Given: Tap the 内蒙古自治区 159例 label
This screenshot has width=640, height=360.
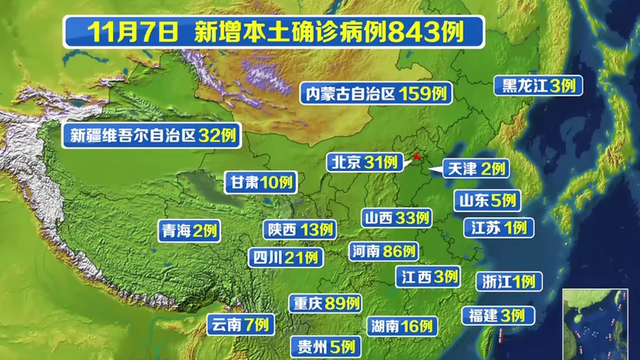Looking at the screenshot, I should (x=377, y=94).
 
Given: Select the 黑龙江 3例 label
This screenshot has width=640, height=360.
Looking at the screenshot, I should (x=538, y=86).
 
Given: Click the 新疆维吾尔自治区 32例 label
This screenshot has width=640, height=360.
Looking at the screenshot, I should (x=152, y=135).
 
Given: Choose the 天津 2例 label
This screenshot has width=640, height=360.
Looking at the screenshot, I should (x=475, y=169).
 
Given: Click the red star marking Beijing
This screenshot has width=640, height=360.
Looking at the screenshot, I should (x=418, y=157).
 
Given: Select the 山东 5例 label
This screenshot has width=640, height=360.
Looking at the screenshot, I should (x=487, y=200).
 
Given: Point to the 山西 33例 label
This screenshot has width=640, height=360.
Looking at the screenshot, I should (x=397, y=218).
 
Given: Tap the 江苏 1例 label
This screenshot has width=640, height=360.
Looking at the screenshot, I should (x=497, y=228).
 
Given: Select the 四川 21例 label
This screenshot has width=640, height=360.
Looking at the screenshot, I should (x=286, y=257).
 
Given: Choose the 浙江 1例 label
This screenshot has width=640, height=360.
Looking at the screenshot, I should (x=508, y=282).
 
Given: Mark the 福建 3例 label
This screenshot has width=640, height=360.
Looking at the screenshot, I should (x=497, y=315).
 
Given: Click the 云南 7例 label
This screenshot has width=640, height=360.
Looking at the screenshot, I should (x=240, y=325).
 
